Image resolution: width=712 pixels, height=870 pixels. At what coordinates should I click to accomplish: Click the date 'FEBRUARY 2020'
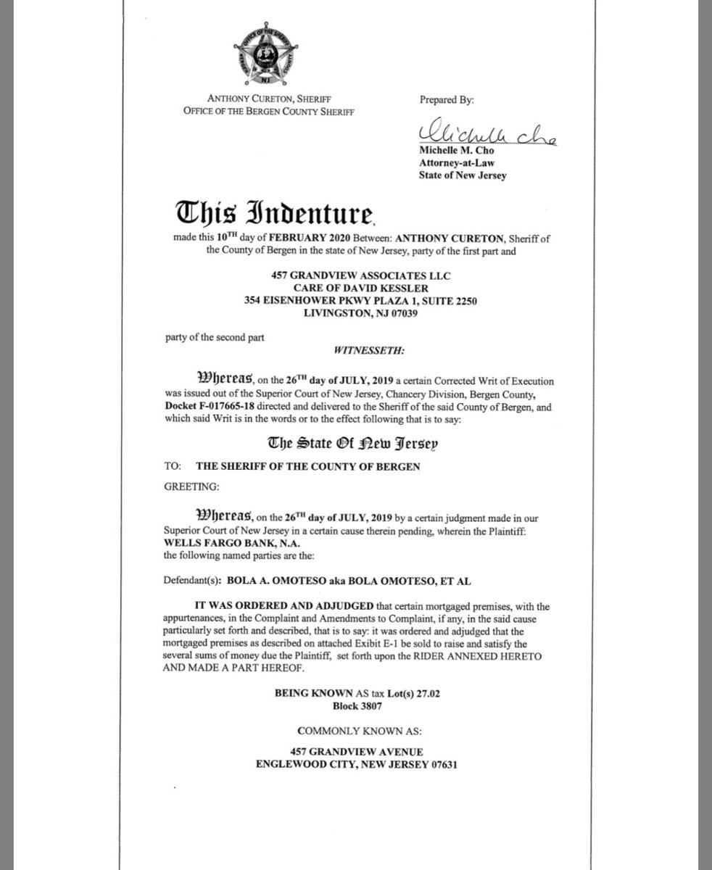(x=300, y=236)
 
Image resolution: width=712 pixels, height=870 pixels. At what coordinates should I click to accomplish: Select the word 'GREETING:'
(x=197, y=486)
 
